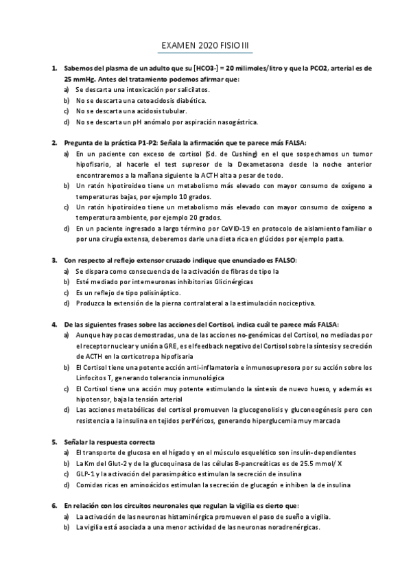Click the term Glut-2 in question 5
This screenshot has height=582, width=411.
pos(125,463)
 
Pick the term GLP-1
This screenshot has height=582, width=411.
pos(87,474)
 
